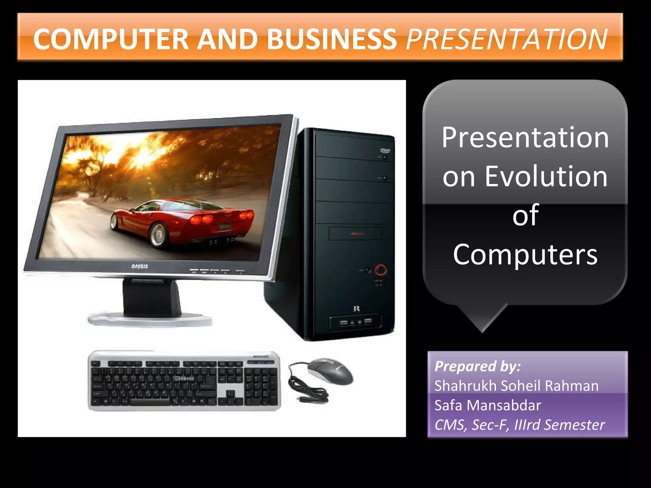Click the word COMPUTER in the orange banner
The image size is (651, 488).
[111, 39]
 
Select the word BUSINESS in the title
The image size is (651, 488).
[332, 39]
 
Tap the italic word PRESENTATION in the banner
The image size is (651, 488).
[507, 39]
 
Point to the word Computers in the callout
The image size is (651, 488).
[525, 254]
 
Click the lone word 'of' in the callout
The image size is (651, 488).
[525, 215]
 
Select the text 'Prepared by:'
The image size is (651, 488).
[477, 366]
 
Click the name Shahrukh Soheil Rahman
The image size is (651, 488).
[516, 386]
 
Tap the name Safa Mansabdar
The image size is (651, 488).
[488, 405]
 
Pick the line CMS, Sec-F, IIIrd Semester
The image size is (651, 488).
[519, 425]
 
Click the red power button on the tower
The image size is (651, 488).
[380, 269]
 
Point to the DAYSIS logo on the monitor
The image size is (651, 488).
[140, 266]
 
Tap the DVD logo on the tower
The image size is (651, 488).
[385, 150]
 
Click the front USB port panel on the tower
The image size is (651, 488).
[355, 322]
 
